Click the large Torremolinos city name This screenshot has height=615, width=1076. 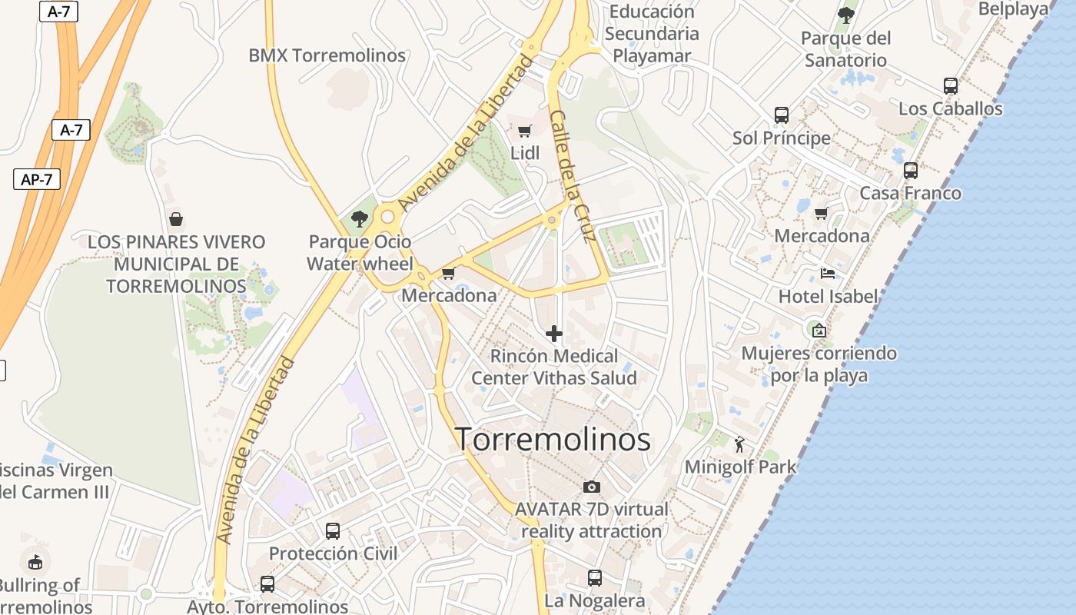[x=553, y=440]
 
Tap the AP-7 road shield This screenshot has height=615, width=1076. [x=37, y=180]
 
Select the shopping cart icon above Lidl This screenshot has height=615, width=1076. [x=525, y=131]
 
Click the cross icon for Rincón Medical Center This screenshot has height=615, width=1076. [x=553, y=334]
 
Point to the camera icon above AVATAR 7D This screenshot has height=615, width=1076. [x=591, y=487]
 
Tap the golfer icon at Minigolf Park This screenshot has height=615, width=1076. [x=739, y=444]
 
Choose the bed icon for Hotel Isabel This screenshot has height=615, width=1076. [x=828, y=274]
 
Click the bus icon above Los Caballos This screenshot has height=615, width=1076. [x=951, y=86]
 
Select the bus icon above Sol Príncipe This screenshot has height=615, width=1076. [x=782, y=115]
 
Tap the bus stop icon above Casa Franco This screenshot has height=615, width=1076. [x=911, y=171]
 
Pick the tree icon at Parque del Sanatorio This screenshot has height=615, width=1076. [x=845, y=15]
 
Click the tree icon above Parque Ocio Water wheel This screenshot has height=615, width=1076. [x=359, y=219]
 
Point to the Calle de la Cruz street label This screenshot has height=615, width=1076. [x=574, y=187]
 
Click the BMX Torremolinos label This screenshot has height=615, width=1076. [x=327, y=55]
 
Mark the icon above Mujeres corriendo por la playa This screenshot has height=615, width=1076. [x=819, y=331]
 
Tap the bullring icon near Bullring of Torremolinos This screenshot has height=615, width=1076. [x=35, y=563]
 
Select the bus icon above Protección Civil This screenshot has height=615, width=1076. [x=333, y=531]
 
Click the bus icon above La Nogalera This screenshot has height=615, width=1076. [x=594, y=577]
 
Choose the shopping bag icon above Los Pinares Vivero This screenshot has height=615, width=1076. [x=176, y=219]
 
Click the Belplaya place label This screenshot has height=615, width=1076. [x=1014, y=9]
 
